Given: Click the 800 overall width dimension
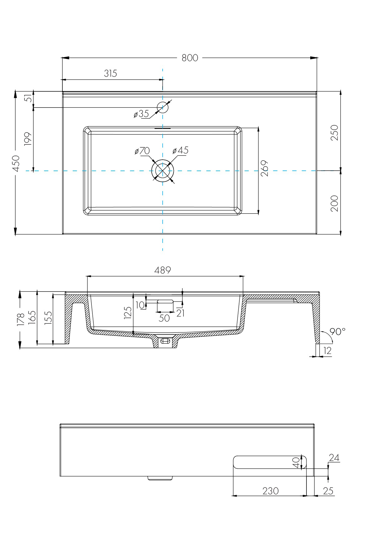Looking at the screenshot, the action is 190,58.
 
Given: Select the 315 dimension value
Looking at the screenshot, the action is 110,73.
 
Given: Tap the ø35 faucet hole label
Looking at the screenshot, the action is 141,114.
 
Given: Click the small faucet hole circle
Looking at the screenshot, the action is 163,108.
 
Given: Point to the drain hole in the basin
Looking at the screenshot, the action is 162,171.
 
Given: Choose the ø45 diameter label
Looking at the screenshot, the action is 181,150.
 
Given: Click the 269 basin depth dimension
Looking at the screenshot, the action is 265,168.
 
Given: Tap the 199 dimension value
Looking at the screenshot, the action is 28,139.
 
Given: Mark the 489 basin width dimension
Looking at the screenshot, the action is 163,270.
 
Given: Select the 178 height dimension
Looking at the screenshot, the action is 21,320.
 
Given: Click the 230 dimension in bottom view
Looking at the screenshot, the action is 270,491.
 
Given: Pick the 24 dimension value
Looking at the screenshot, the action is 334,458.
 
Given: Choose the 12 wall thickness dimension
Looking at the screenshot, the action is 328,351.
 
